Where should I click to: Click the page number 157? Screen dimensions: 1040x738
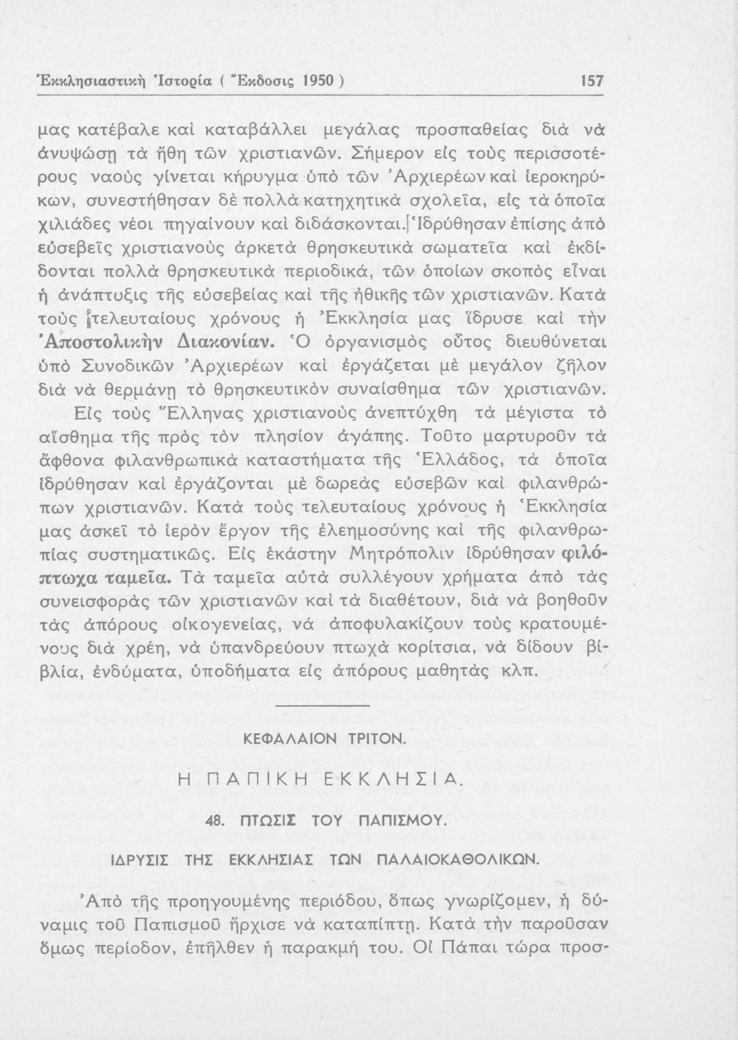(591, 81)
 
